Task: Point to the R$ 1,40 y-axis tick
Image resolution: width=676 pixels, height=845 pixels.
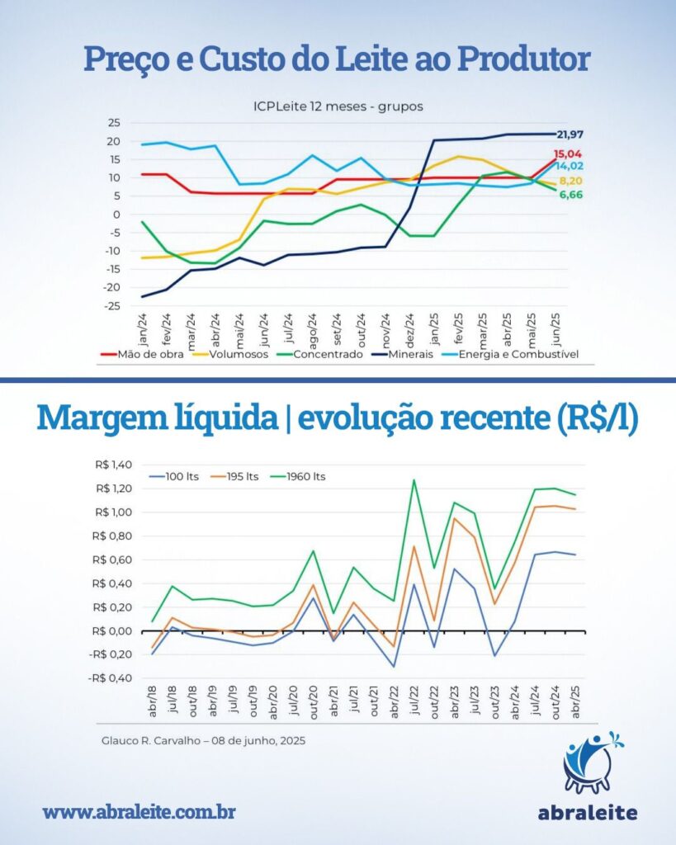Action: pos(115,465)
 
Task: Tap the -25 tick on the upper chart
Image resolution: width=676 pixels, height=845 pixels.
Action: pos(111,306)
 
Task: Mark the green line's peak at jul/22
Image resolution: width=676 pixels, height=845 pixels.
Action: pos(413,479)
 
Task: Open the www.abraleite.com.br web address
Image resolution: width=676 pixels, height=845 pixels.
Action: pos(139,811)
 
